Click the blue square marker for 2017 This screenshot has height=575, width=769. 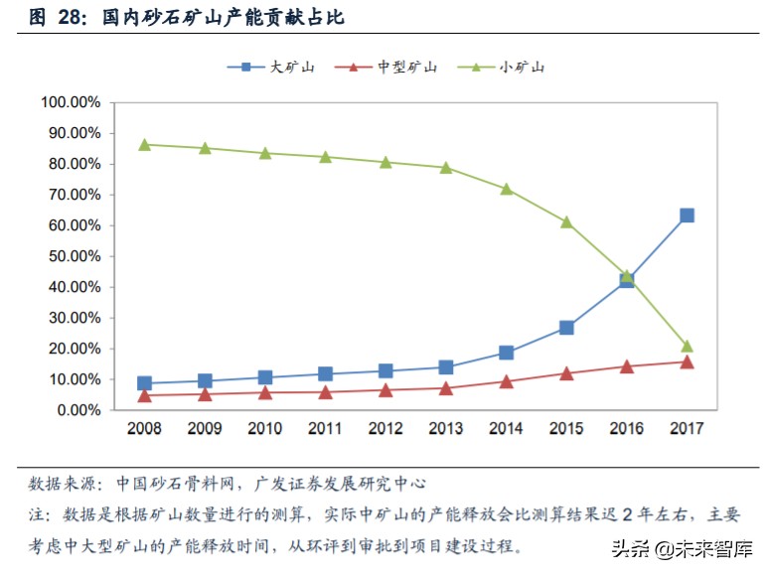[687, 216]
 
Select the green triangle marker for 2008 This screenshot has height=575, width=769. [145, 145]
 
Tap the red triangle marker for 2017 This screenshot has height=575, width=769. [687, 362]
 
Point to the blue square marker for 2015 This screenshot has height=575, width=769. [566, 328]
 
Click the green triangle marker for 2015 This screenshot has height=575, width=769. [566, 222]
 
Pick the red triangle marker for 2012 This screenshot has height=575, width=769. [385, 390]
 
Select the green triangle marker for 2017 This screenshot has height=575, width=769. [687, 347]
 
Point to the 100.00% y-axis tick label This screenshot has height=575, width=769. [72, 102]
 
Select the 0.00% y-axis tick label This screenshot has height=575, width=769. [78, 410]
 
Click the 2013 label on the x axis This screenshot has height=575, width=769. [446, 429]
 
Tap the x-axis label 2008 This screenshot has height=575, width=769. [145, 429]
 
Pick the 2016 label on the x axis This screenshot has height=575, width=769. [627, 429]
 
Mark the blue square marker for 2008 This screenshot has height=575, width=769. [145, 383]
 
